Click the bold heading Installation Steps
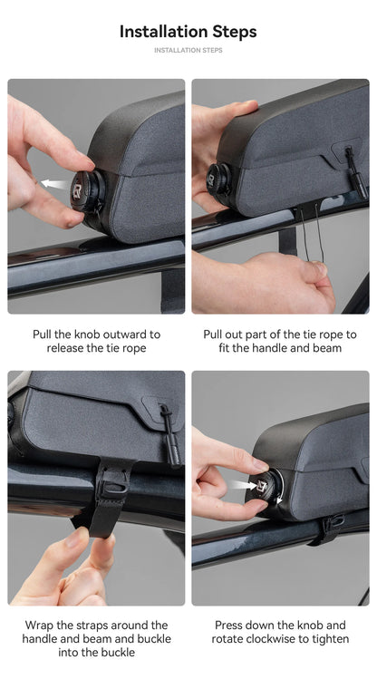188,32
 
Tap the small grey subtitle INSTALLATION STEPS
188,50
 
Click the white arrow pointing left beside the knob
54,184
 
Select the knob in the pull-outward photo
87,193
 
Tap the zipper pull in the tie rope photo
355,172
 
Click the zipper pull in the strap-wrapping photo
171,434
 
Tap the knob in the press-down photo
267,487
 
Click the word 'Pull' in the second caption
212,335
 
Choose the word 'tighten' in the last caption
331,639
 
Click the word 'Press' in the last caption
228,626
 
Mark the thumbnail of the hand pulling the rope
280,196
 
